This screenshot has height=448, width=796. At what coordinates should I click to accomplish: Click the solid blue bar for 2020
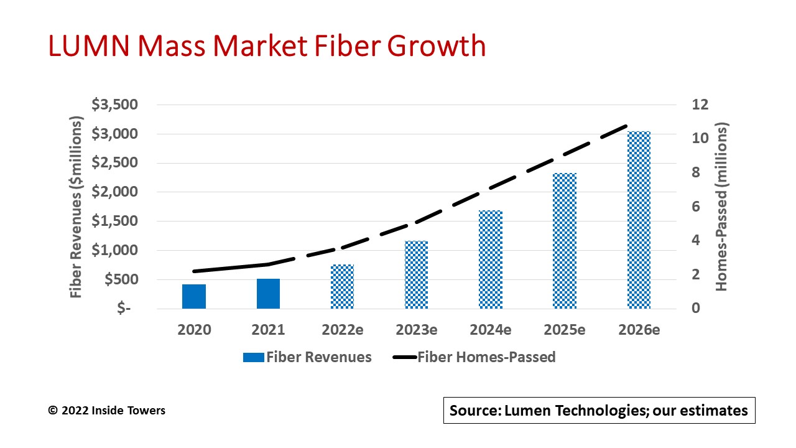coord(194,296)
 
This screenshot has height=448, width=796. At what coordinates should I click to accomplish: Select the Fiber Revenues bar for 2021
coord(268,294)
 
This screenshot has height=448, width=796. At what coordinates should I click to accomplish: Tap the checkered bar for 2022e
coord(342,286)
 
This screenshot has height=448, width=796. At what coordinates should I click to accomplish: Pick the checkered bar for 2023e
coord(416,274)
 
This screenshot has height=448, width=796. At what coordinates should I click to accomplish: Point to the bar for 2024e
coord(491,259)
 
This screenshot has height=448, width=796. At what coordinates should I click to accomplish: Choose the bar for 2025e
coord(565,241)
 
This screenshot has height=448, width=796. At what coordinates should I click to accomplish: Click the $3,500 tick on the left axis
coord(115,105)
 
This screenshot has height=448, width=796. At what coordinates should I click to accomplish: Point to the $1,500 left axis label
coord(115,222)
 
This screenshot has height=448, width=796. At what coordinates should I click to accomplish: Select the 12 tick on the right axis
coord(700,105)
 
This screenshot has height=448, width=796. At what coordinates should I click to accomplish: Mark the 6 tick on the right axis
coord(696,207)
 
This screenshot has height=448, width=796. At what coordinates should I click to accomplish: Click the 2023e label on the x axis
coord(416,330)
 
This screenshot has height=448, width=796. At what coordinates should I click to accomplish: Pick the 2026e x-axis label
coord(639,330)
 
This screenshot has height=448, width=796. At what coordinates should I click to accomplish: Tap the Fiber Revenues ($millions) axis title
coord(76,207)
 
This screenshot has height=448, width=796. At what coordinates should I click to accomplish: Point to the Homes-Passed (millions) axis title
coord(721,207)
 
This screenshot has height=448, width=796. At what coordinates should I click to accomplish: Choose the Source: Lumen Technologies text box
coord(599,411)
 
